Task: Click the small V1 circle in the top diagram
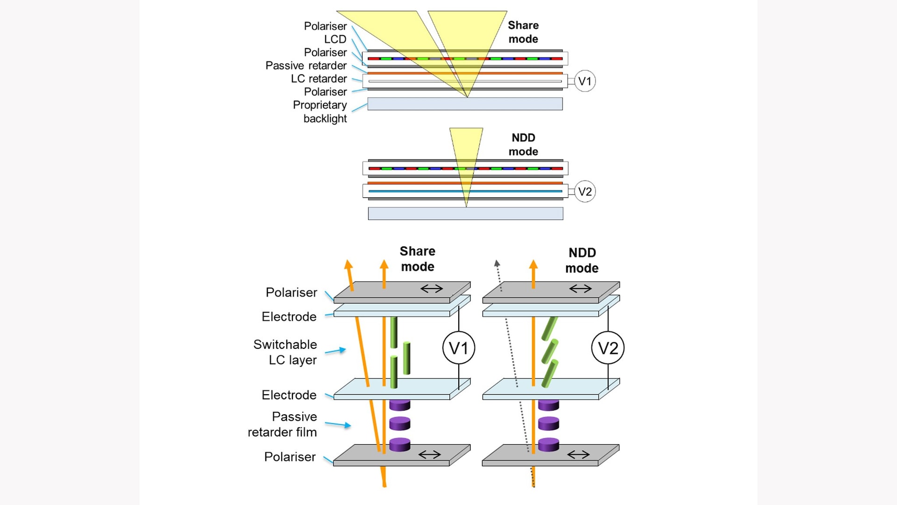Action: (x=584, y=81)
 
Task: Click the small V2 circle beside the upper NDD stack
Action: (x=585, y=191)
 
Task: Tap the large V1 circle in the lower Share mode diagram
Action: (x=459, y=348)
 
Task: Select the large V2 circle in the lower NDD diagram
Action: (x=608, y=348)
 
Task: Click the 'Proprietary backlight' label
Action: (x=320, y=112)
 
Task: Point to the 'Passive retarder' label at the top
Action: (x=306, y=65)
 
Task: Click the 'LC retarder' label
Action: (x=319, y=79)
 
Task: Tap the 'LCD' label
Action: (x=335, y=39)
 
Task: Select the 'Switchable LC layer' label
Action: (x=285, y=352)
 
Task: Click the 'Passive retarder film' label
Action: (x=282, y=424)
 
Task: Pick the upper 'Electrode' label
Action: (x=289, y=317)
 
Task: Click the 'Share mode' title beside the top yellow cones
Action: (x=523, y=32)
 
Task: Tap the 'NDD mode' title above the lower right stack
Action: (x=582, y=260)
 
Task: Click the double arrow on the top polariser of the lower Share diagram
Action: (x=432, y=289)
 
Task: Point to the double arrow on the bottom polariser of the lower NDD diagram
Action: (x=579, y=454)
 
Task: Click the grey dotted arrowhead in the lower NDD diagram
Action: (x=497, y=263)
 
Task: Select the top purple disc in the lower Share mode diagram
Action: (x=400, y=404)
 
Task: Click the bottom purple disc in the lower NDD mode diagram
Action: (x=548, y=444)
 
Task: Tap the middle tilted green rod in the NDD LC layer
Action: (x=550, y=352)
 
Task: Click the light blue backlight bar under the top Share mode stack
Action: (x=465, y=104)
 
